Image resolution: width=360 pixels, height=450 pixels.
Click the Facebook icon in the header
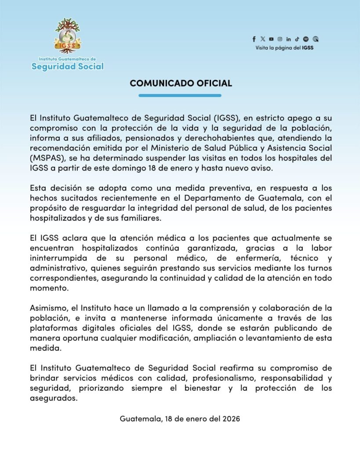(254, 39)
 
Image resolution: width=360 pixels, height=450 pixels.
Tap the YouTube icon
(271, 39)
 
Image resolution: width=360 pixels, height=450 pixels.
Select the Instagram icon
(280, 39)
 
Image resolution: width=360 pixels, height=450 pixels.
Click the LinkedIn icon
(288, 39)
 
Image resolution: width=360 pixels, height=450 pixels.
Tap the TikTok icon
(297, 39)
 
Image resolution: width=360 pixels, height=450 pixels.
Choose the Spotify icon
(306, 39)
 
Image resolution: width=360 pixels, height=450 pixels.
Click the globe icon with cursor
(316, 39)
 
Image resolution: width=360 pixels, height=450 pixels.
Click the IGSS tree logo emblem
(67, 35)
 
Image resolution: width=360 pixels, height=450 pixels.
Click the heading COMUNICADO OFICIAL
(181, 83)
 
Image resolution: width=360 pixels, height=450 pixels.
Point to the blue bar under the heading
(180, 95)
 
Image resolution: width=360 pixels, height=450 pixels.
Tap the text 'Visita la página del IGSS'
(284, 48)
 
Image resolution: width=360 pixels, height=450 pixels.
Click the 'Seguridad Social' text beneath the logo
(68, 66)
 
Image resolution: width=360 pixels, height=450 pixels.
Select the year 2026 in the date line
(230, 419)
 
